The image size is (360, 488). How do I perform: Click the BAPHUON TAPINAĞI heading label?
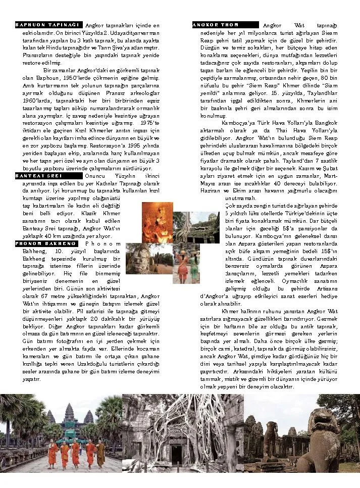pyautogui.click(x=48, y=24)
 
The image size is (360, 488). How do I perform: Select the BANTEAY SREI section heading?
pyautogui.click(x=48, y=176)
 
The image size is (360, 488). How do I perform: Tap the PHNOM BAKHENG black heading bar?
pyautogui.click(x=48, y=243)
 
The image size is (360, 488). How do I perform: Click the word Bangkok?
pyautogui.click(x=325, y=122)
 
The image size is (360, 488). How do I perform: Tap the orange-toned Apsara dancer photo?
pyautogui.click(x=157, y=222)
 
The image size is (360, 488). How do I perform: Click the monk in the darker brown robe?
pyautogui.click(x=100, y=454)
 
